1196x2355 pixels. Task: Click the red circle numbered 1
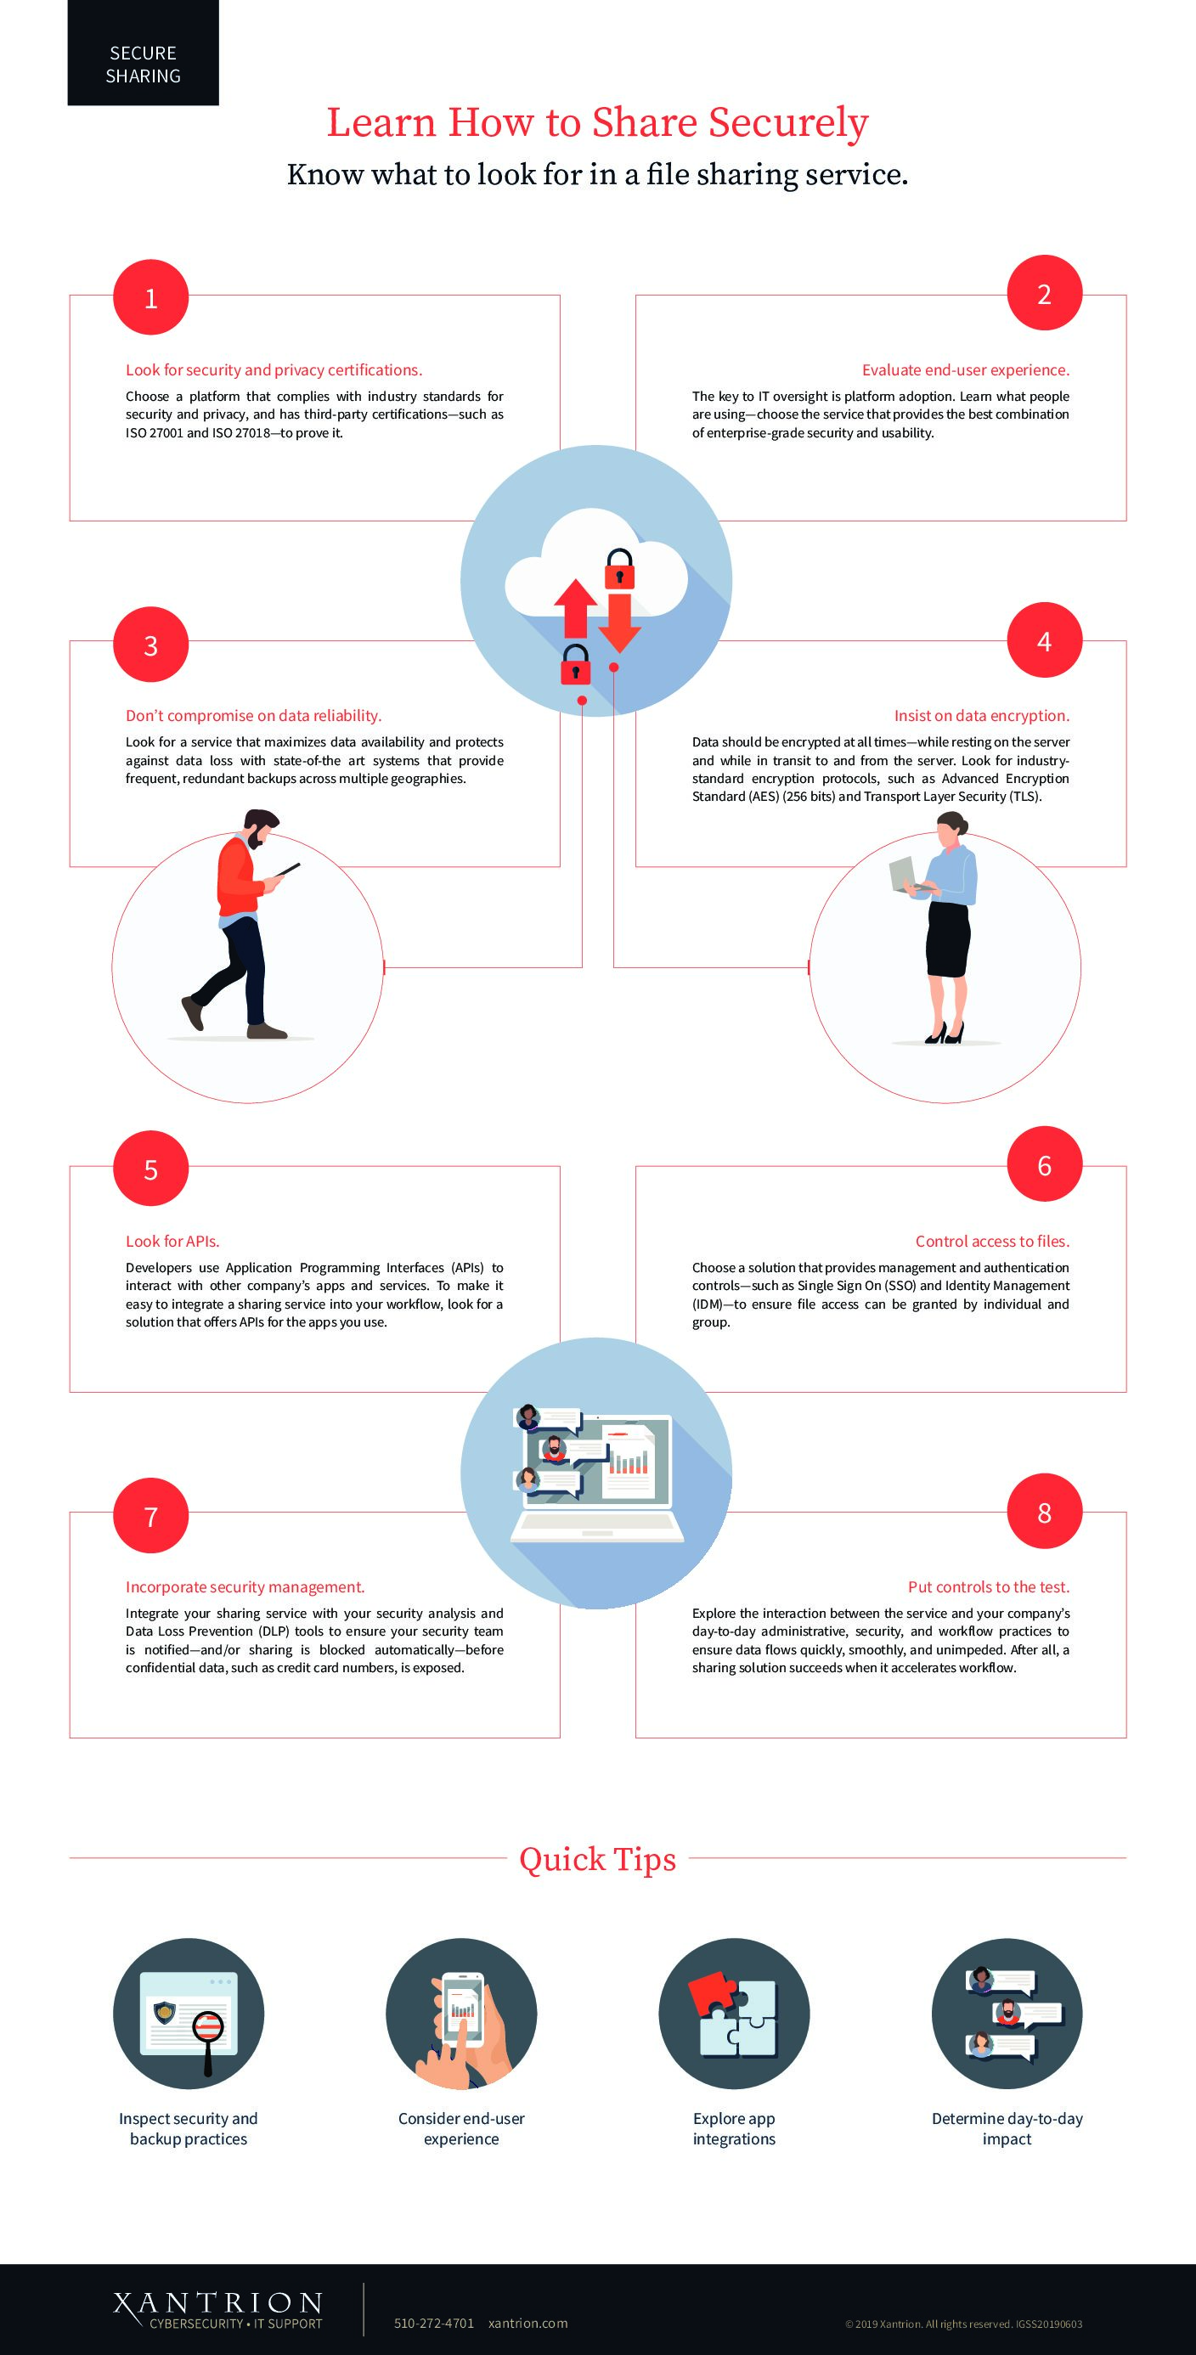[x=151, y=297]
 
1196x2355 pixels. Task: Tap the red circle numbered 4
[x=1044, y=641]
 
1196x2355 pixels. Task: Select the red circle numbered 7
[x=151, y=1516]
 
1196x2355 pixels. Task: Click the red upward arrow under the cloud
[x=575, y=608]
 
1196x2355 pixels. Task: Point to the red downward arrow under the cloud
[x=619, y=623]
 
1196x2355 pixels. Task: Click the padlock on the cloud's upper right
[x=619, y=570]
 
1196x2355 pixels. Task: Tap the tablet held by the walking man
[x=287, y=870]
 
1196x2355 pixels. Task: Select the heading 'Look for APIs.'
[x=172, y=1241]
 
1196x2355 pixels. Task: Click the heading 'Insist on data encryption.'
[x=981, y=716]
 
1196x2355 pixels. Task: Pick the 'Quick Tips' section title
[x=598, y=1858]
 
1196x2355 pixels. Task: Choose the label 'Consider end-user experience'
[x=461, y=2128]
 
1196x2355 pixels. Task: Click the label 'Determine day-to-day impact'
[x=1007, y=2128]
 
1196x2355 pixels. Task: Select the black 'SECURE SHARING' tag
[x=143, y=53]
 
